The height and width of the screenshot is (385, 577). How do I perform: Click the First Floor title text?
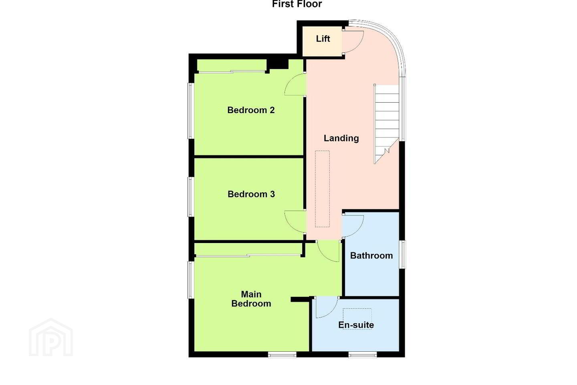point(297,4)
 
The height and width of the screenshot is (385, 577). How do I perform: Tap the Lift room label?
point(323,38)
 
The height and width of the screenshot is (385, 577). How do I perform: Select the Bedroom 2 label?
point(251,110)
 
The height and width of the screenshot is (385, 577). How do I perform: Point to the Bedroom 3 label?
point(251,194)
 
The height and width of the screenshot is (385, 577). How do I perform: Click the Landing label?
point(341,138)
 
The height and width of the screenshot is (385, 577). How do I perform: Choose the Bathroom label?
point(371,255)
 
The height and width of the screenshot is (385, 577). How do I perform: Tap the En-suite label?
point(356,325)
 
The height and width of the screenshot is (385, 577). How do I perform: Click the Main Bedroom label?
point(251,299)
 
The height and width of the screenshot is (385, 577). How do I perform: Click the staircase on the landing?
point(386,124)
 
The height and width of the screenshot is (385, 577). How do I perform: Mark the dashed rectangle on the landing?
point(323,189)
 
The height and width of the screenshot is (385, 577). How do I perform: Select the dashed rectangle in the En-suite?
point(357,319)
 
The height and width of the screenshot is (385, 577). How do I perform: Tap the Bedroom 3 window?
point(191,197)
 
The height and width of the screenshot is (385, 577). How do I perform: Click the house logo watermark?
point(51,338)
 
